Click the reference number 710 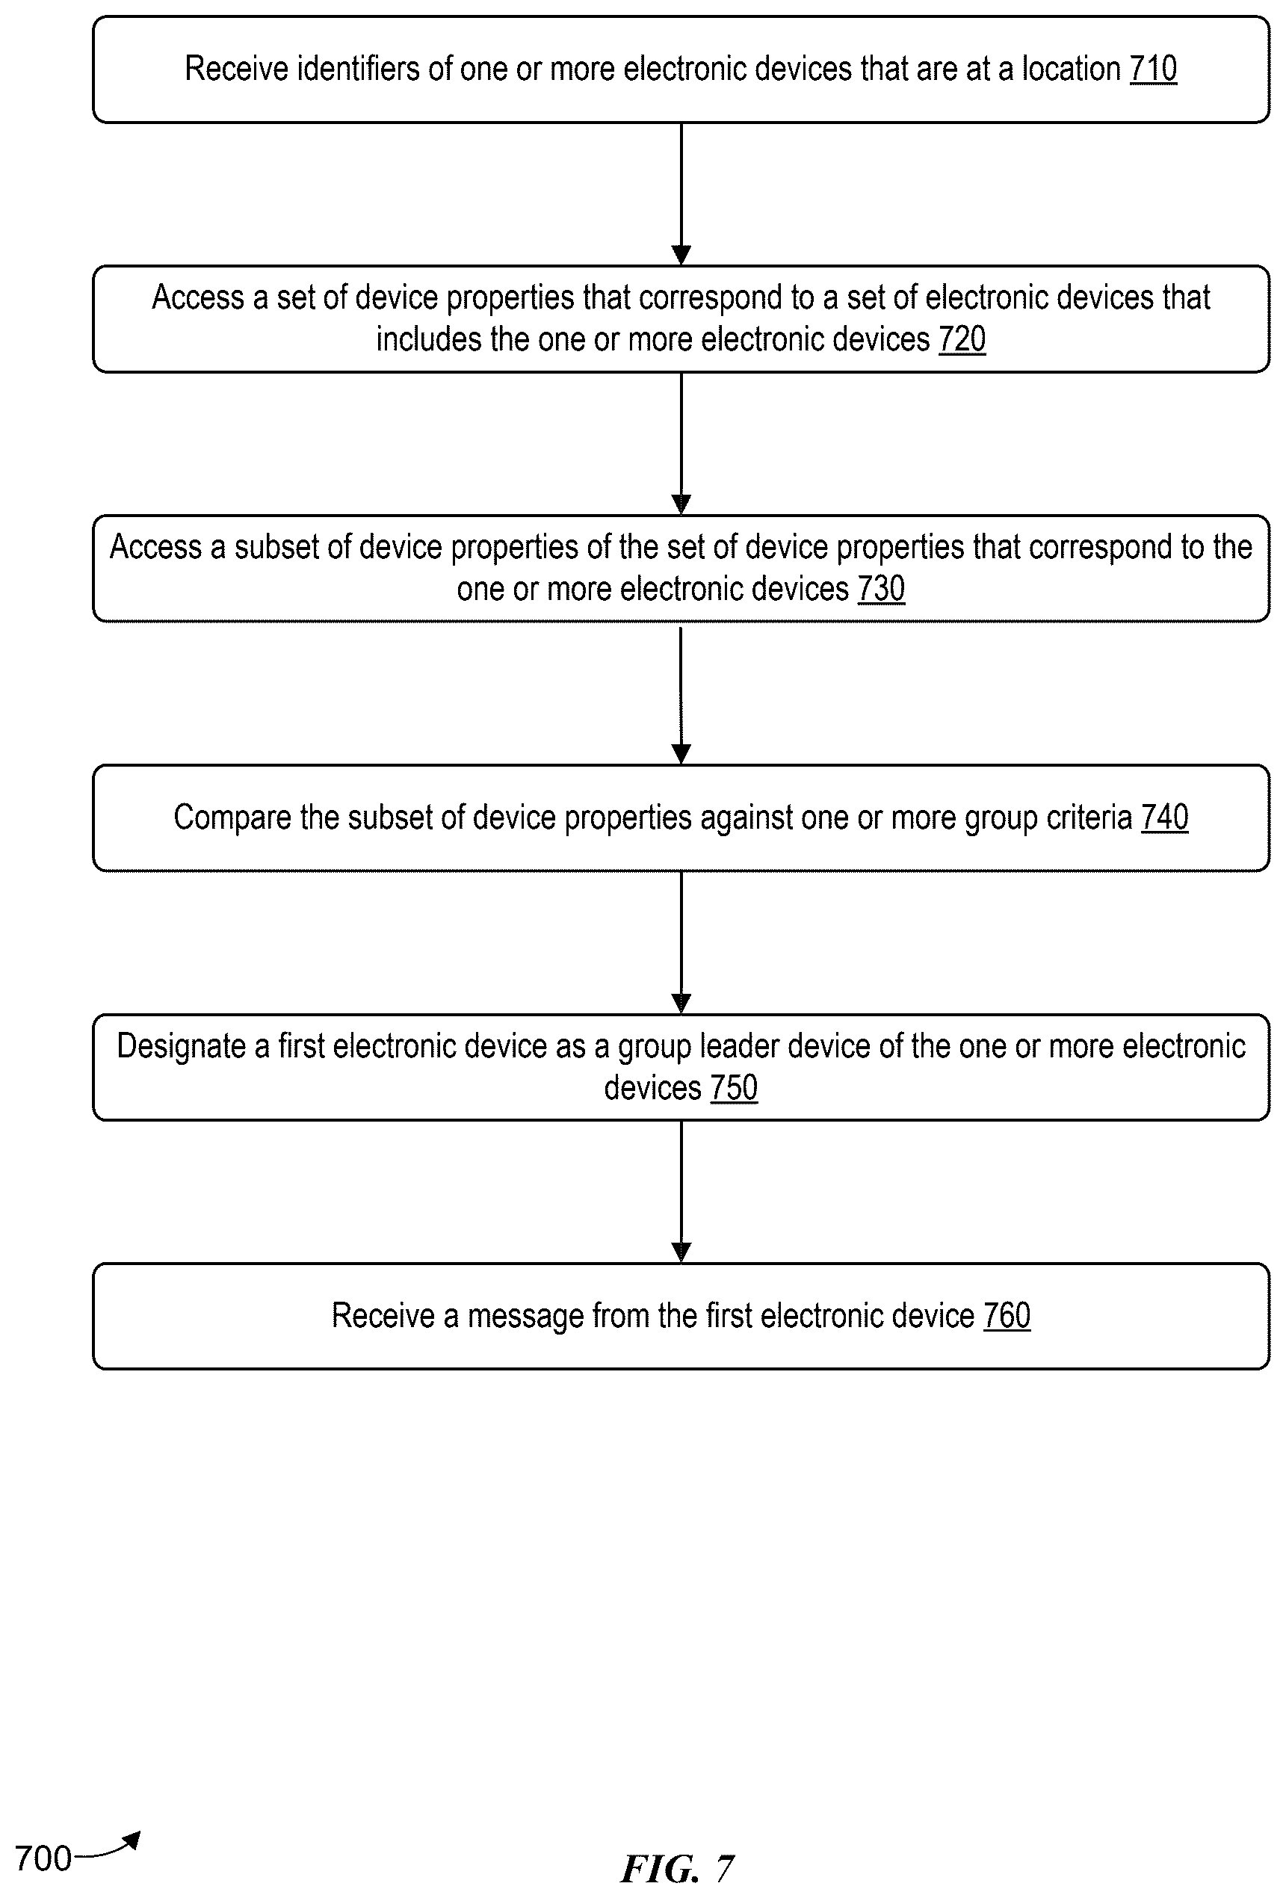tap(1153, 69)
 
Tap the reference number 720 tap(962, 339)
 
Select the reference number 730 tap(881, 589)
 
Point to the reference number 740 tap(1164, 817)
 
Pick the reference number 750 tap(734, 1088)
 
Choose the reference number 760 tap(1007, 1316)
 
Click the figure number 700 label tap(43, 1858)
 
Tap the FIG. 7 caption tap(678, 1868)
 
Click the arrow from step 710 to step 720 tap(681, 194)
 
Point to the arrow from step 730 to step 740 tap(681, 694)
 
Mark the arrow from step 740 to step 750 tap(681, 943)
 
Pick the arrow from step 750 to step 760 tap(681, 1193)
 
